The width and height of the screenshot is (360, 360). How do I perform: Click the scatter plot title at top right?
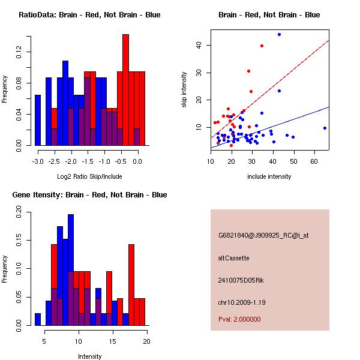269,14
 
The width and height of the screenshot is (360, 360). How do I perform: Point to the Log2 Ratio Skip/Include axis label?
89,176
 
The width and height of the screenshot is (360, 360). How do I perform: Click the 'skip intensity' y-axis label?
184,91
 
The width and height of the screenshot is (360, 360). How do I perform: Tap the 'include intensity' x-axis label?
269,176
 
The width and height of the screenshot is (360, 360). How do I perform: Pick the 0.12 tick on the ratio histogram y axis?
17,53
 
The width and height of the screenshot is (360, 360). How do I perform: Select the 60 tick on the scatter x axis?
314,161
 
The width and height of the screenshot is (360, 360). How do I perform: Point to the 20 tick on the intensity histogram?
147,341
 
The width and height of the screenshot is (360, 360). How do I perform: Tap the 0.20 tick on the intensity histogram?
17,211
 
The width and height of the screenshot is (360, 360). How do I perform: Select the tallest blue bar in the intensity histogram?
71,270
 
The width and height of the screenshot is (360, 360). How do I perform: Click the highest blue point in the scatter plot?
279,35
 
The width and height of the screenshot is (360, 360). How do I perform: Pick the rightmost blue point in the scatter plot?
325,128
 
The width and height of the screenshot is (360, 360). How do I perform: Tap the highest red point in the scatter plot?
262,46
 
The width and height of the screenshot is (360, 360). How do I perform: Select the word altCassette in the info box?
233,258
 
